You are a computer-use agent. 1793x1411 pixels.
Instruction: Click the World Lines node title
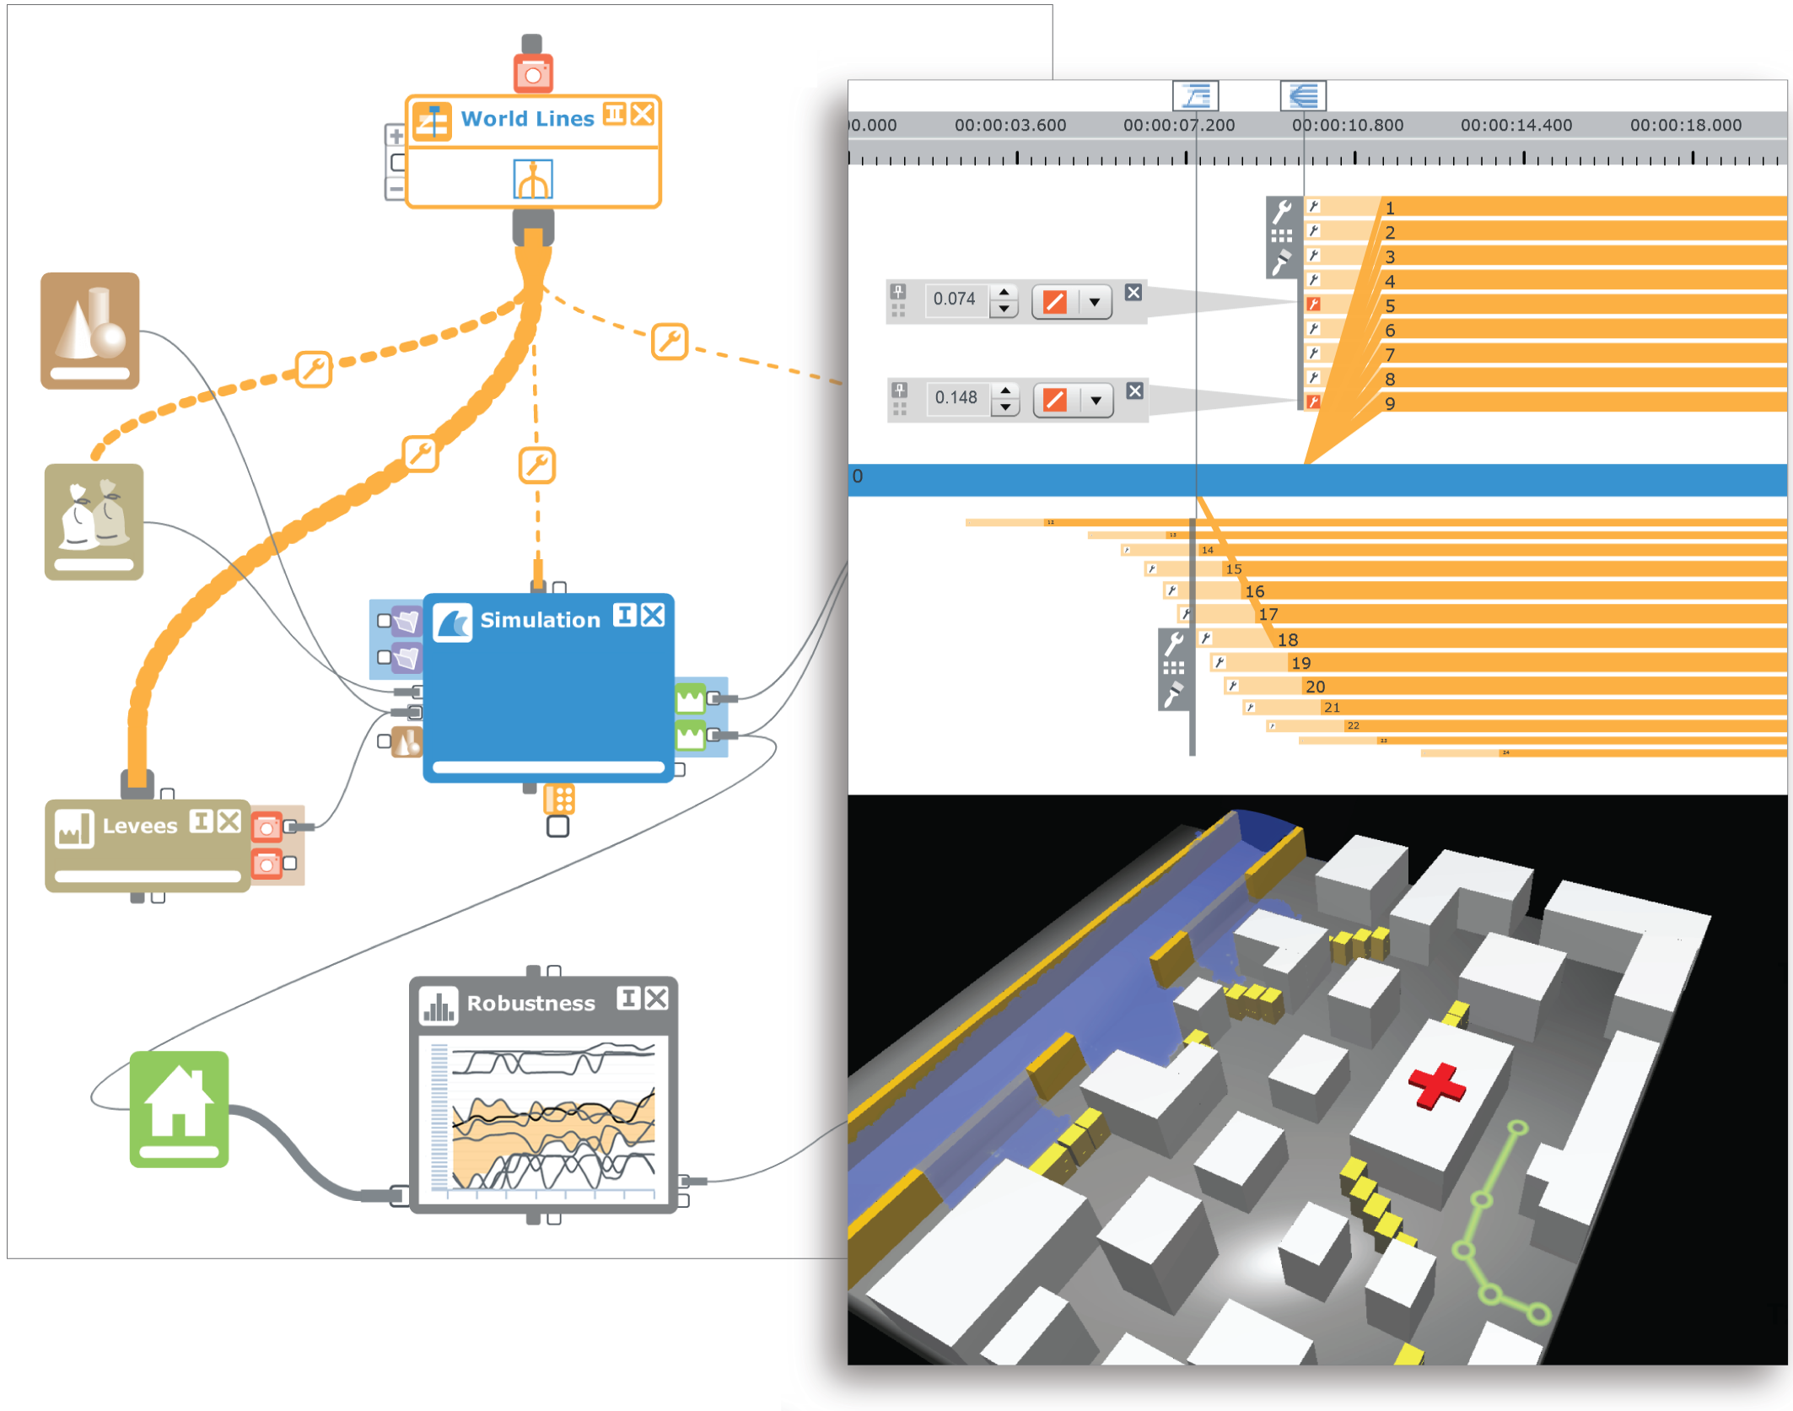pos(527,119)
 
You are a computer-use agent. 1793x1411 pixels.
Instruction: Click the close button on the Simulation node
pos(653,616)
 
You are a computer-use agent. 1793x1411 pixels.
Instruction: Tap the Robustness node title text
pos(530,1003)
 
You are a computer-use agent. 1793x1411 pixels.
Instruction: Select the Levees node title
pos(140,826)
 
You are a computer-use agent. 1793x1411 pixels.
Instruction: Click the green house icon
pos(179,1108)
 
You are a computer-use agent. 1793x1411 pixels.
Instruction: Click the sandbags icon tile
pos(94,521)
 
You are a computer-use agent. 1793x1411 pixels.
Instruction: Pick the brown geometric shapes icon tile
pos(90,331)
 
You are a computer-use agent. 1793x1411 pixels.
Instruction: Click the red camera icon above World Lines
pos(533,73)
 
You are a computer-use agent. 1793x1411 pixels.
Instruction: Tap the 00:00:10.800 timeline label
pos(1347,126)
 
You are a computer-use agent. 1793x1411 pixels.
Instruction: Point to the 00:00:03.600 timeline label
pos(1010,126)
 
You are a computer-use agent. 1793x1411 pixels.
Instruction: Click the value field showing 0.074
pos(955,299)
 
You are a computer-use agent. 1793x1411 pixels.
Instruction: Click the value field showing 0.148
pos(956,398)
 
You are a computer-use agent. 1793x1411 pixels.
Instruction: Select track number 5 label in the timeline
pos(1390,306)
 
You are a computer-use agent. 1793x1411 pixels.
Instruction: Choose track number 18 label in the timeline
pos(1287,640)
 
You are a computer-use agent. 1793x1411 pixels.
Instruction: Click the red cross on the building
pos(1436,1085)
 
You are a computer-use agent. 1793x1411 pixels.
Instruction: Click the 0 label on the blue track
pos(858,477)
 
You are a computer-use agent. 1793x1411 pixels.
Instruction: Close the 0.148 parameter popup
pos(1135,391)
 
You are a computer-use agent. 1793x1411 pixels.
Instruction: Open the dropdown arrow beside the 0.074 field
pos(1095,301)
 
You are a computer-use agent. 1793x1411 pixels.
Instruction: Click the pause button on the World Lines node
pos(615,114)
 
